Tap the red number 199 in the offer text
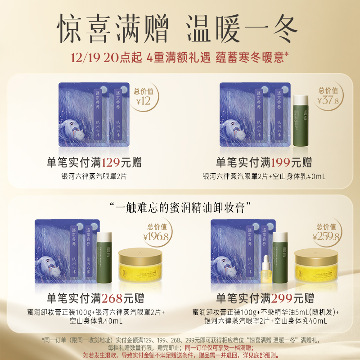(x=280, y=162)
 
